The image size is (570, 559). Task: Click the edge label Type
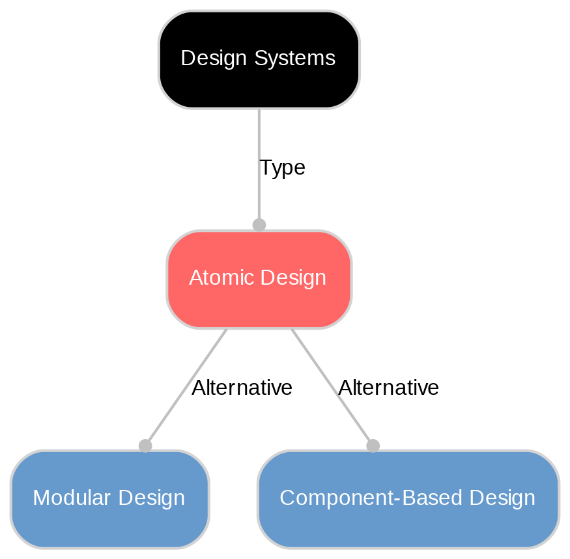click(282, 168)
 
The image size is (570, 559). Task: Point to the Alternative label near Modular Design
click(242, 388)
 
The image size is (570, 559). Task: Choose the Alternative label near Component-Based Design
click(388, 388)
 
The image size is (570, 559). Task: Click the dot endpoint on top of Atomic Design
click(259, 225)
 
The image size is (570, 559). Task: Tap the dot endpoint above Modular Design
click(145, 446)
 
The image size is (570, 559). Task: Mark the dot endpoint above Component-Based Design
click(373, 446)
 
